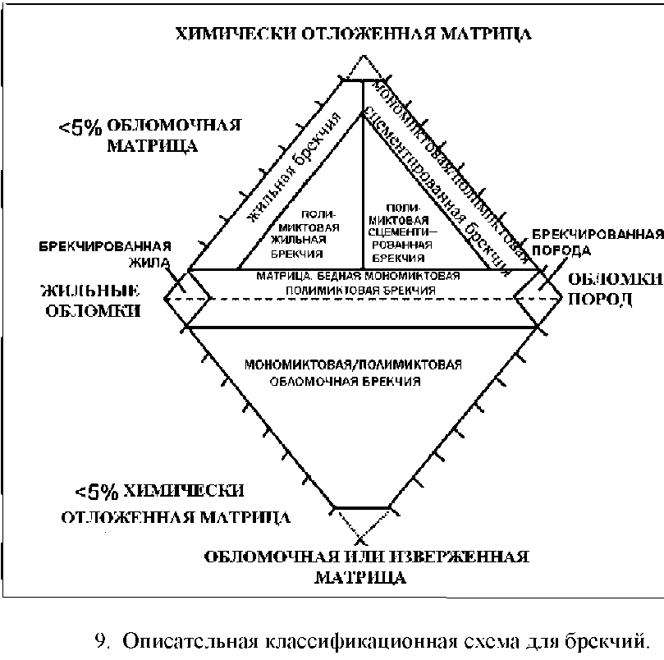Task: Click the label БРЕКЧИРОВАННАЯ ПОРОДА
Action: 597,242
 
